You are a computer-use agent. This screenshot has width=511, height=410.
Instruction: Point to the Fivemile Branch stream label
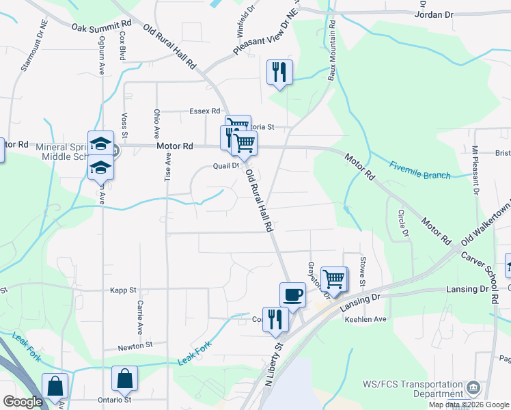click(x=420, y=170)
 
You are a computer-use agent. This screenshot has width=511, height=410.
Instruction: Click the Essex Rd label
click(x=205, y=111)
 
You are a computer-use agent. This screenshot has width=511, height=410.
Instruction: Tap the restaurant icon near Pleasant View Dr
click(x=279, y=72)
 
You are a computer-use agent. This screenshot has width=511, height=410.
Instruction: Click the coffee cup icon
click(x=292, y=295)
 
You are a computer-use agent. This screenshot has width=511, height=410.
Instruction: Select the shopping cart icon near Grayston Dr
click(x=333, y=278)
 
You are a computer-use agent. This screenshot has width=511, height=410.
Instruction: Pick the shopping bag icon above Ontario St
click(x=124, y=379)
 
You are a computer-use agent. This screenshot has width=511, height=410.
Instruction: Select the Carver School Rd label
click(x=486, y=267)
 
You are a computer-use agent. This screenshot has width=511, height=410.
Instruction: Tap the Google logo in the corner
click(x=23, y=402)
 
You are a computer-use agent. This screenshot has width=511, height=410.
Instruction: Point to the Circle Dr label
click(x=404, y=223)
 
